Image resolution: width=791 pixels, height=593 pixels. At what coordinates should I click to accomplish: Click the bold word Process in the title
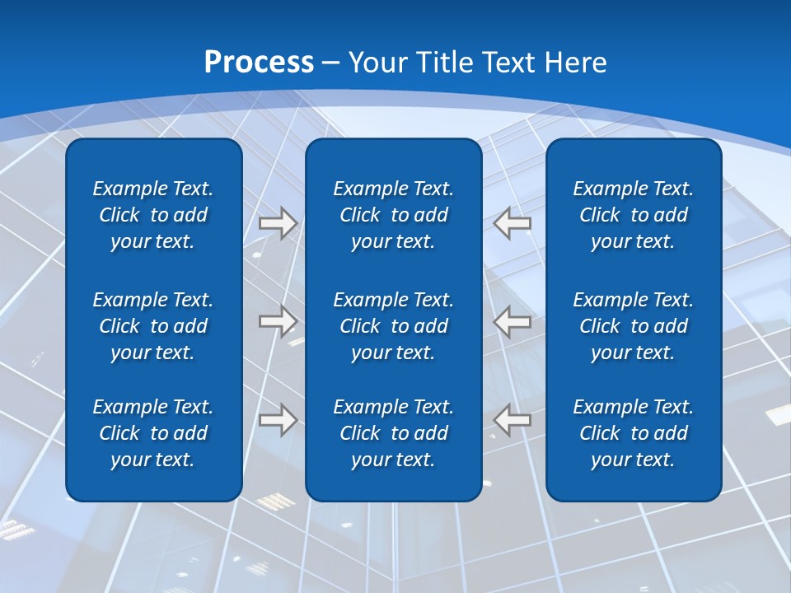click(259, 63)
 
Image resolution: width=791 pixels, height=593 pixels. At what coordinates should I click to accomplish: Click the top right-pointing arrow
click(278, 223)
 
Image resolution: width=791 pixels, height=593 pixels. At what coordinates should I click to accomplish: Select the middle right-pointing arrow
click(278, 321)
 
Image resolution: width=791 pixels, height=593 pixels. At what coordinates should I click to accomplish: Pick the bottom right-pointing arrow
click(278, 419)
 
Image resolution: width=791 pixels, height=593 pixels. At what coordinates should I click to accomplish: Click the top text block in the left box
click(153, 215)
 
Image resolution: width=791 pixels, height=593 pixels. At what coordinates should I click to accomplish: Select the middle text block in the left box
click(153, 326)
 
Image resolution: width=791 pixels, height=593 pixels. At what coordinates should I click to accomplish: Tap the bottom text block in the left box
click(153, 433)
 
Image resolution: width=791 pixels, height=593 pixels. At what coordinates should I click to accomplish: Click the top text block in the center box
click(393, 215)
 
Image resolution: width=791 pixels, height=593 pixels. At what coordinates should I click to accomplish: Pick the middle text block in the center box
click(393, 326)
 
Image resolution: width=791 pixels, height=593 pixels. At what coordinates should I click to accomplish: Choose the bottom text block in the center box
click(393, 433)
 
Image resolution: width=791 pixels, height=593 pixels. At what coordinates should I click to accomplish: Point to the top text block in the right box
click(633, 215)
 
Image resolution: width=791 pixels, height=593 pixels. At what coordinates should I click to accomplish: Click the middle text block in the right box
click(633, 326)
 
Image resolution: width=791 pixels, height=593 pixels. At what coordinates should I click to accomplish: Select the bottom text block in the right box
click(633, 433)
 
